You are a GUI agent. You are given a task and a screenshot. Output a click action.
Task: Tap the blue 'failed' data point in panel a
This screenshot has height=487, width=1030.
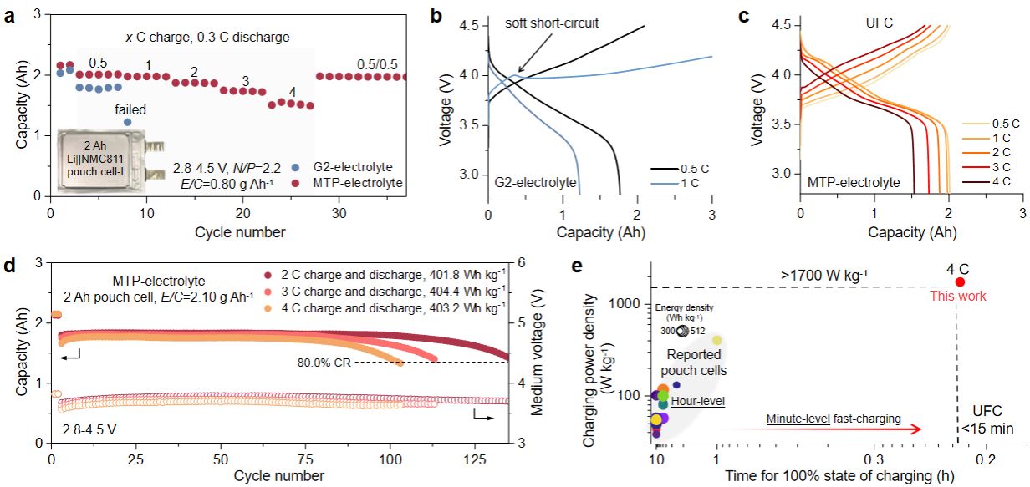coord(127,122)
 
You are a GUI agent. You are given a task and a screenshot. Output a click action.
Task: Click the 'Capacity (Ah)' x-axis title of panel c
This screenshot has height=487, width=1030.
coord(875,231)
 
